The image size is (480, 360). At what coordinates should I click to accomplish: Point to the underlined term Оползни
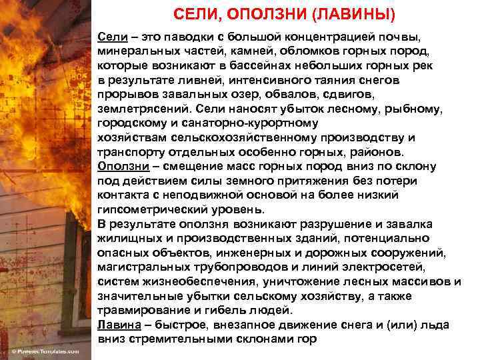point(120,166)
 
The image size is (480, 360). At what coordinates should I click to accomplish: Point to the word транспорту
point(129,153)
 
